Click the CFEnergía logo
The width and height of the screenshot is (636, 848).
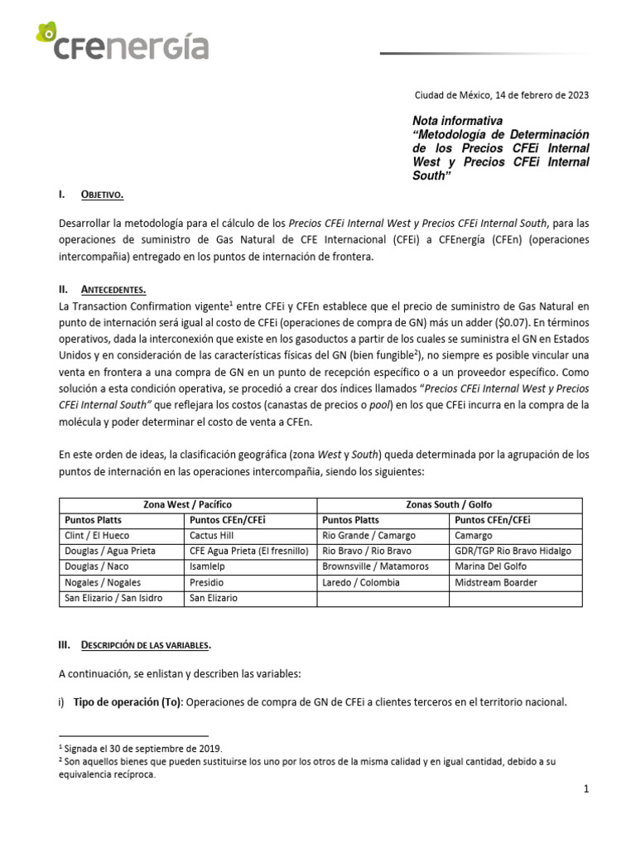tap(123, 44)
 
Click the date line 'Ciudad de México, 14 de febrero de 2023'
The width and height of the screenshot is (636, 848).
tap(501, 95)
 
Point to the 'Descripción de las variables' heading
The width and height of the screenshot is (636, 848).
tap(145, 644)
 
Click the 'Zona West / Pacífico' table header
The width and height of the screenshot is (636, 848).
tap(188, 504)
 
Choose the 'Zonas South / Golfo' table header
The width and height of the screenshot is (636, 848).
tap(450, 504)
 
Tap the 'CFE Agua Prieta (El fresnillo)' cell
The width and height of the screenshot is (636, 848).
tap(248, 551)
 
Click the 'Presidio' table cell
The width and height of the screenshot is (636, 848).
tap(208, 582)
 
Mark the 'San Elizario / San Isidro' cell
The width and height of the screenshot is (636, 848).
tap(113, 598)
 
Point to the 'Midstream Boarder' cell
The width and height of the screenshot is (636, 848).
tap(496, 582)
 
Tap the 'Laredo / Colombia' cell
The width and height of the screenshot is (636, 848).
tap(361, 582)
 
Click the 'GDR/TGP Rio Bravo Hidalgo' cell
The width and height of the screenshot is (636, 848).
tap(513, 551)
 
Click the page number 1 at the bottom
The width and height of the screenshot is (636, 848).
tap(586, 789)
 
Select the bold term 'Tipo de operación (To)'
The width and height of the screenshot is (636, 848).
tap(128, 702)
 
